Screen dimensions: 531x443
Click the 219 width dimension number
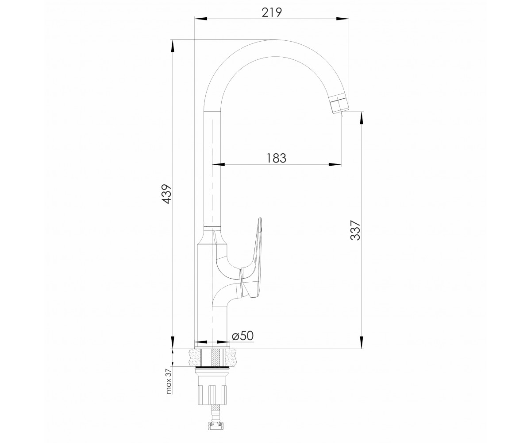272,12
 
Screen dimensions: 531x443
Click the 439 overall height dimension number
167,194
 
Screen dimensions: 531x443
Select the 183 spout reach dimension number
277,158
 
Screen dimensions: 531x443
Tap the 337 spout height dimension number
355,230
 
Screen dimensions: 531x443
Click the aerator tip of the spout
339,104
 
